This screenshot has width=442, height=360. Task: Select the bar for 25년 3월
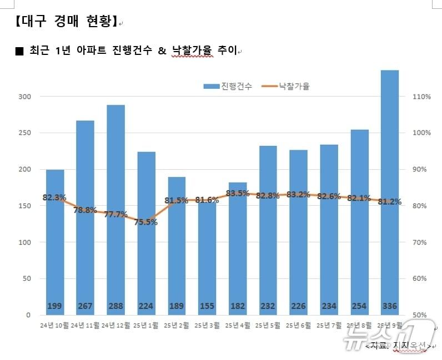coord(207,261)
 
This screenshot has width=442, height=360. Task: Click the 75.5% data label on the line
coord(146,222)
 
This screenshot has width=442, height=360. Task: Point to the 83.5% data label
coord(238,193)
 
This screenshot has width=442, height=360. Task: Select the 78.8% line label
coord(85,210)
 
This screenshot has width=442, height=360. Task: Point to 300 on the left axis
coord(24,97)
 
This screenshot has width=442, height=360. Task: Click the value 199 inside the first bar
coord(54,306)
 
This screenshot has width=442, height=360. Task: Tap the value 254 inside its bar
coord(359,306)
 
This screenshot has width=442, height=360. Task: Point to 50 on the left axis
coord(26,278)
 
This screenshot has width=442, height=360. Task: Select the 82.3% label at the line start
coord(54,197)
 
